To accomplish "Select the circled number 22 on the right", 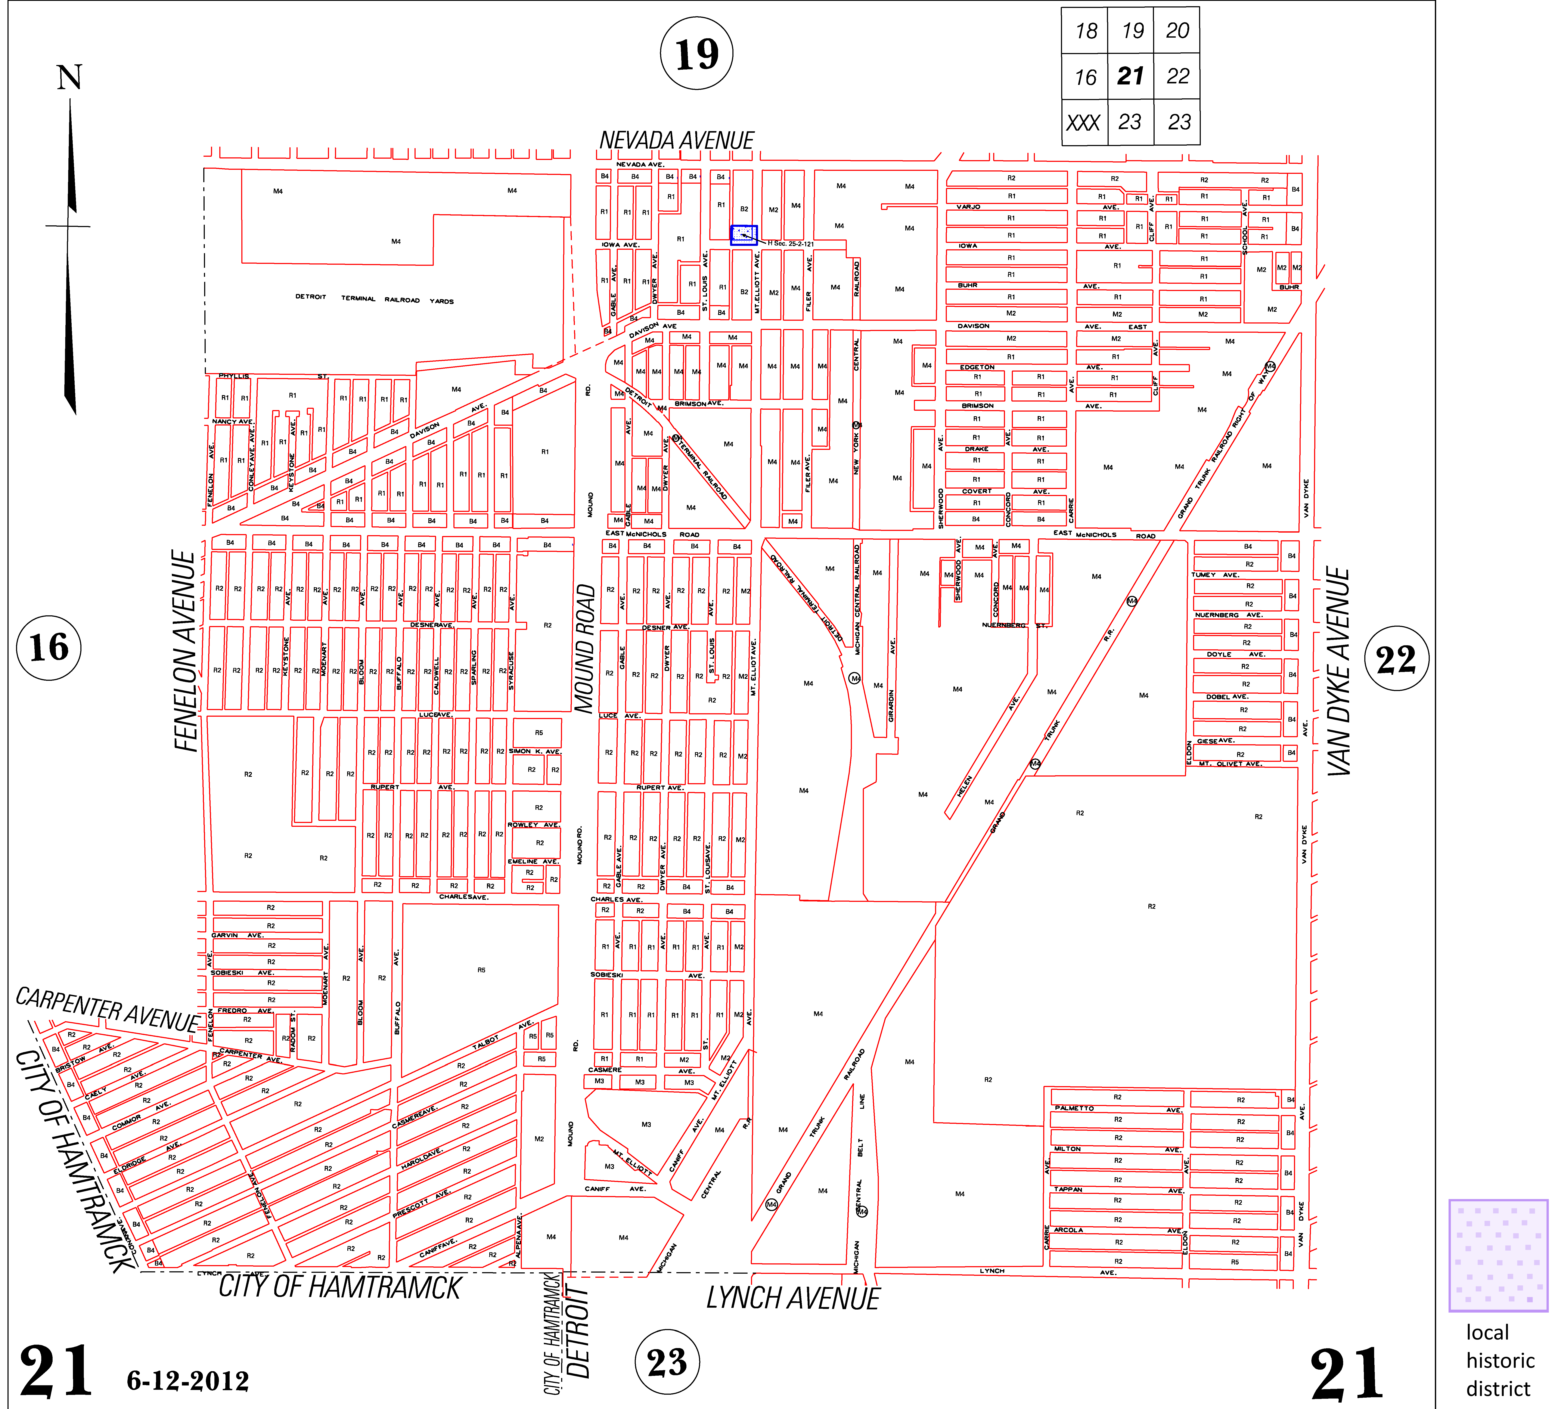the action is pyautogui.click(x=1396, y=659).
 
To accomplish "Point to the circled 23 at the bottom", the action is pyautogui.click(x=667, y=1362).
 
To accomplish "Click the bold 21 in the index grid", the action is pyautogui.click(x=1130, y=76).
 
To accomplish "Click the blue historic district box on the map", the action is pyautogui.click(x=744, y=235).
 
